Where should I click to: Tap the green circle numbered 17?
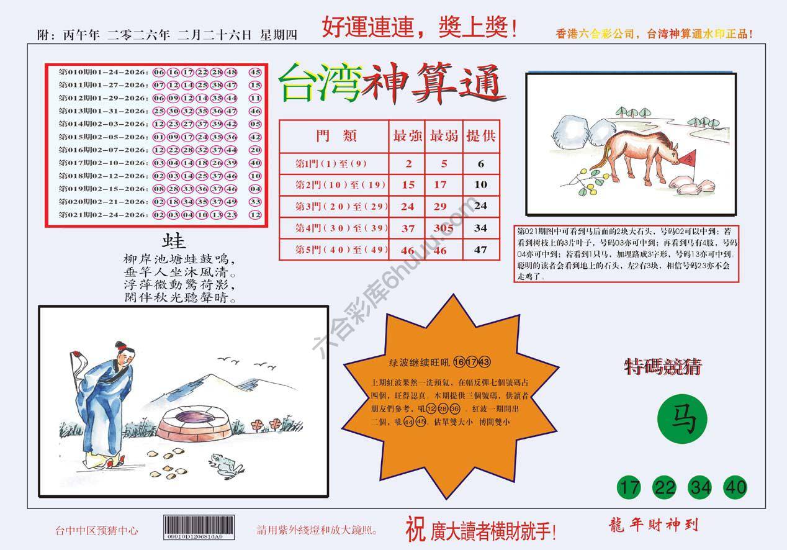[x=630, y=487]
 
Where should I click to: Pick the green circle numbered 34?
[x=701, y=487]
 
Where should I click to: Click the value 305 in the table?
[x=443, y=228]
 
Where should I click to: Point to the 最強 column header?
[x=407, y=136]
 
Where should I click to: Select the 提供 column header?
[x=480, y=136]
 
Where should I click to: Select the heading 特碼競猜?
[x=662, y=367]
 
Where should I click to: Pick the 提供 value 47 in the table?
[x=480, y=250]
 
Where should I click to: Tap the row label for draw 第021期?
[x=103, y=215]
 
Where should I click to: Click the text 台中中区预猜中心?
[x=96, y=531]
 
